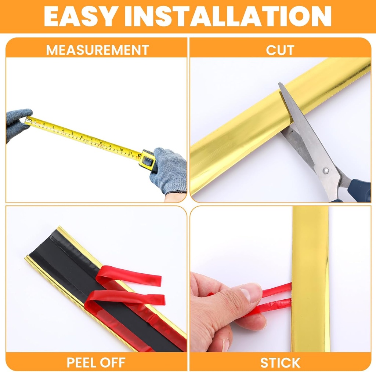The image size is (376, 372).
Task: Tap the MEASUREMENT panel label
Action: (97, 50)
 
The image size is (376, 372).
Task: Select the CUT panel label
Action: (280, 50)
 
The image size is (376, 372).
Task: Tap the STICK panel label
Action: (280, 362)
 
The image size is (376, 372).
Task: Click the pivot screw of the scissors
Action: (325, 170)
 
